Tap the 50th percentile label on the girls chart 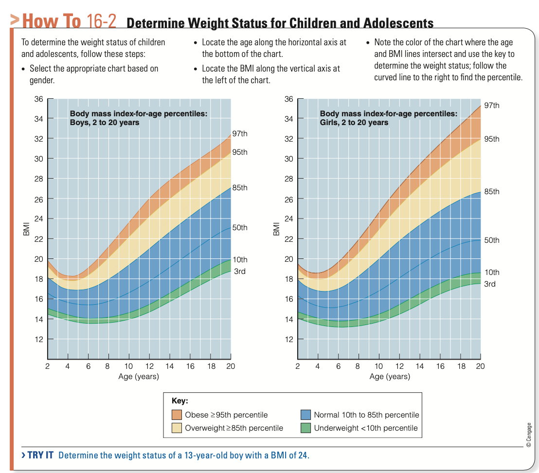coord(491,240)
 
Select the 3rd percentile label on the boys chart coord(239,271)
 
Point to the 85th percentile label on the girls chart coord(491,191)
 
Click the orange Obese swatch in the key coord(177,415)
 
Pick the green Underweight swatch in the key coord(305,428)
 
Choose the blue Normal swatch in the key coord(305,415)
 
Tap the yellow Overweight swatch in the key coord(177,428)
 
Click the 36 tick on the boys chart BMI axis coord(38,99)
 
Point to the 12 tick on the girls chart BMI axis coord(288,339)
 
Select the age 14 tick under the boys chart coord(170,366)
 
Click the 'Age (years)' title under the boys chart coord(139,376)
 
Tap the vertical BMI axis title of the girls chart coord(276,229)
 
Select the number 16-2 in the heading coord(102,21)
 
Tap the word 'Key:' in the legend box coord(180,401)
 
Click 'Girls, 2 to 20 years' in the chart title coord(354,122)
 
